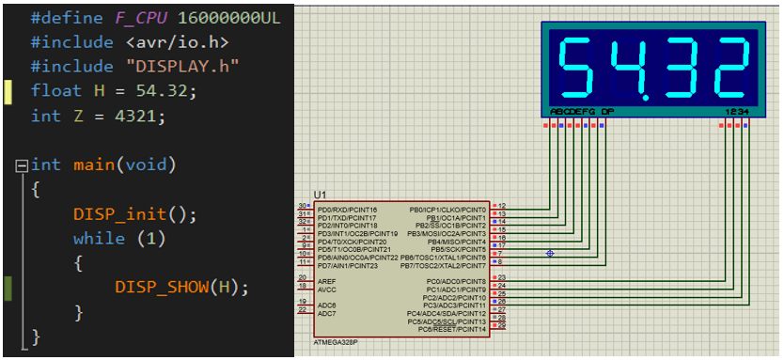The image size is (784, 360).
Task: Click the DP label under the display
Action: (607, 112)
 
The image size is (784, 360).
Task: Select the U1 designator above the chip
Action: (321, 194)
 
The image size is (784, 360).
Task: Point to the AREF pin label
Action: (327, 279)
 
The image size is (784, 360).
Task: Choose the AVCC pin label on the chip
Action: (327, 288)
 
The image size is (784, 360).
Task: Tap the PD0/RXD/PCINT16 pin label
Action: (347, 209)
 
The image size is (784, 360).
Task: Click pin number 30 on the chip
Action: (301, 206)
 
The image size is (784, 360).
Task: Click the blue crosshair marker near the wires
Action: (550, 253)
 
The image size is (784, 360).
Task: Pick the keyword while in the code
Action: (99, 238)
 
